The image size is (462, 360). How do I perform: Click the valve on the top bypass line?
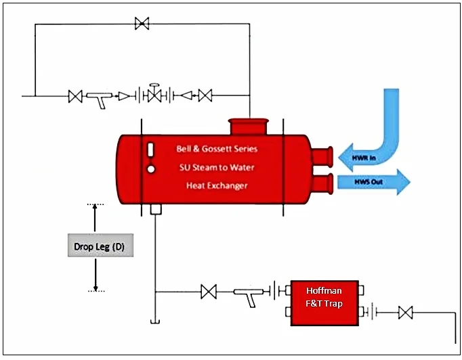click(142, 24)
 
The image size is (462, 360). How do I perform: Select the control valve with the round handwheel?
click(154, 94)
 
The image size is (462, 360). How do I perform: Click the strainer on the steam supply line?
click(99, 98)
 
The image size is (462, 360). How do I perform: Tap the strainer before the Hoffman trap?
click(247, 294)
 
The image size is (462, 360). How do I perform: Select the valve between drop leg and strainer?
click(209, 292)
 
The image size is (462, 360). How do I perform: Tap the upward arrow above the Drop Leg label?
click(96, 218)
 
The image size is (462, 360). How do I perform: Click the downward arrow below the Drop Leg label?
click(96, 275)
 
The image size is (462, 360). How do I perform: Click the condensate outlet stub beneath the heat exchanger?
click(155, 209)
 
